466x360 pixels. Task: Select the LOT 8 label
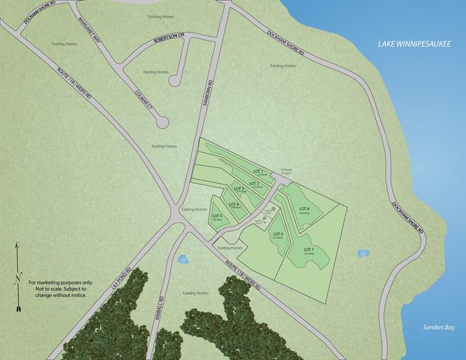tap(304, 208)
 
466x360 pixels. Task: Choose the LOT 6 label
tap(278, 235)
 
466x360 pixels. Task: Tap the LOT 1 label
tap(258, 170)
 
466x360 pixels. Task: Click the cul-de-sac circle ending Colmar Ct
tap(163, 124)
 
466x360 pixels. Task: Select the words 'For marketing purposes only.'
tap(59, 283)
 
